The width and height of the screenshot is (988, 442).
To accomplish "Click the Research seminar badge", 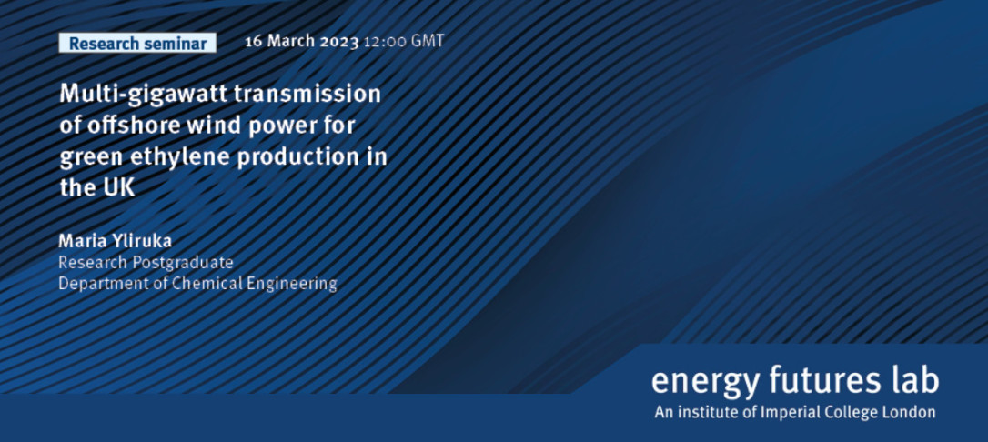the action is (137, 44).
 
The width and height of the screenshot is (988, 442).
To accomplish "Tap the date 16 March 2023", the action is (302, 42).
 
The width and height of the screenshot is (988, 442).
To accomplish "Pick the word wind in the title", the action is (198, 126).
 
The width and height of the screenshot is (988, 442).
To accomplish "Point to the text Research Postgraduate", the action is (146, 263).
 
